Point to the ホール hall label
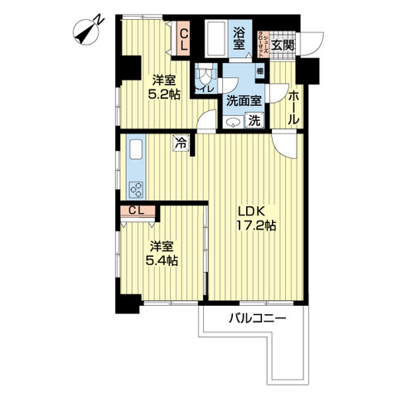pyautogui.click(x=293, y=108)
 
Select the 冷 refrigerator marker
pyautogui.click(x=181, y=143)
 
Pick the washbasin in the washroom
pyautogui.click(x=230, y=123)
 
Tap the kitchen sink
pyautogui.click(x=137, y=152)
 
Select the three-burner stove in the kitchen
pyautogui.click(x=136, y=189)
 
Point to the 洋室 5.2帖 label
pyautogui.click(x=163, y=88)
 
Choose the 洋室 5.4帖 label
pyautogui.click(x=162, y=254)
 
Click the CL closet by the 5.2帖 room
pyautogui.click(x=185, y=40)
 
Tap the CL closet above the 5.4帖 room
pyautogui.click(x=137, y=210)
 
